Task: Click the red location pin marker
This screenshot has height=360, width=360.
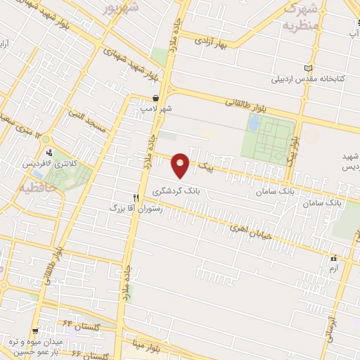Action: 181,164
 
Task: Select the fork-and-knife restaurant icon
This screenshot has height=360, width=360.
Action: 136,198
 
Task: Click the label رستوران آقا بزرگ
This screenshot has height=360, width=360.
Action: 136,209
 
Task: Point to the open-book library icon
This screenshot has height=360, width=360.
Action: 307,67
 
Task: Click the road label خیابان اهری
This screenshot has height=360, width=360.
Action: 247,233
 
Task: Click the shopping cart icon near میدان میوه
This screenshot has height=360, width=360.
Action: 36,331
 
